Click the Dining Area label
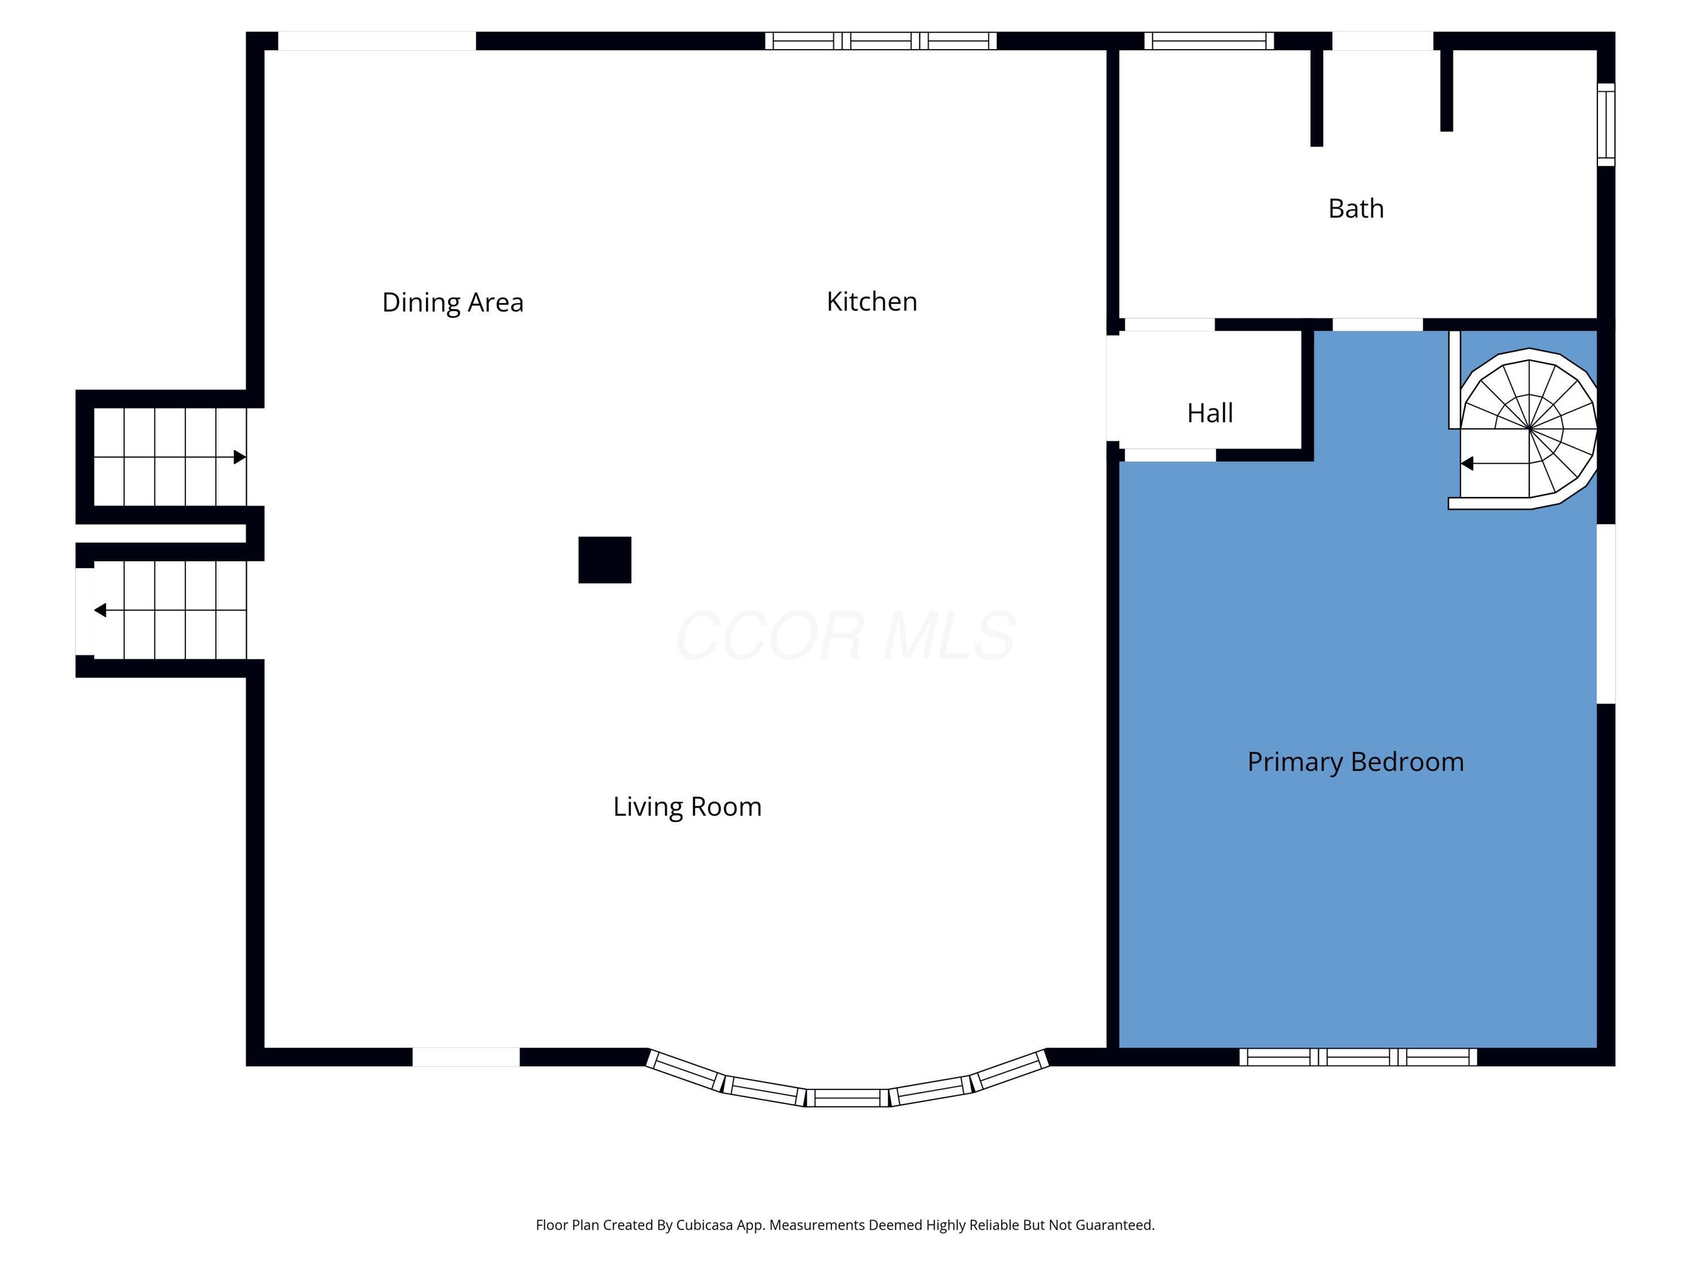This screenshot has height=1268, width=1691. (x=453, y=303)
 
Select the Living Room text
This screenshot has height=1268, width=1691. (x=687, y=807)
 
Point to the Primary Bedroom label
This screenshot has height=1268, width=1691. (x=1356, y=762)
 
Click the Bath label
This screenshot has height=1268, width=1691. (x=1356, y=209)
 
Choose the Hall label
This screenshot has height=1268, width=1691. (x=1210, y=414)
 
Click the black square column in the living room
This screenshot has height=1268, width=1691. (x=605, y=560)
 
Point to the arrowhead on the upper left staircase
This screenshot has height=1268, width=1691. (x=240, y=457)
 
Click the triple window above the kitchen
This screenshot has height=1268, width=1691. (x=880, y=41)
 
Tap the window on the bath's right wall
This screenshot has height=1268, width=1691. (x=1606, y=125)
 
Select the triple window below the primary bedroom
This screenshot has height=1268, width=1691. (x=1358, y=1057)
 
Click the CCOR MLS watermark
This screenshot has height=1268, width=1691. (x=845, y=636)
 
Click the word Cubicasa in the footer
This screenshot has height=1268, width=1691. (x=704, y=1225)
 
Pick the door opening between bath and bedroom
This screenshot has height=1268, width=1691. (x=1378, y=325)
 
